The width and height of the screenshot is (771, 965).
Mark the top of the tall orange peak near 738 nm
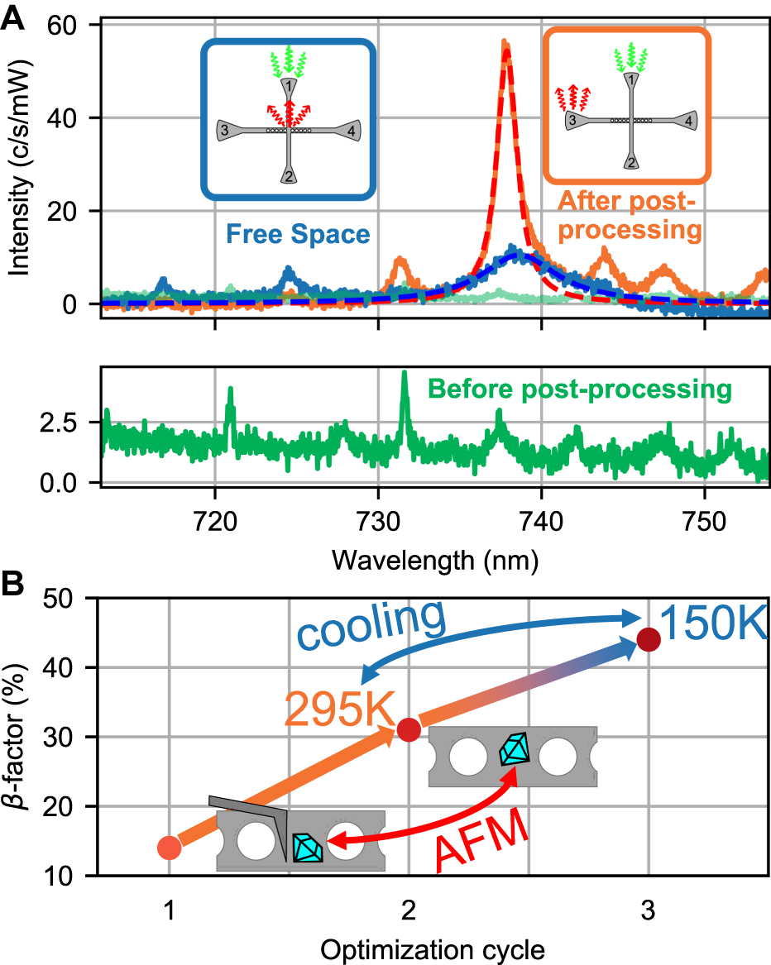(505, 43)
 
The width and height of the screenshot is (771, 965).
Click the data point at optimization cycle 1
(169, 848)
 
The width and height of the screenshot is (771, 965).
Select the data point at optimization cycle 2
(409, 729)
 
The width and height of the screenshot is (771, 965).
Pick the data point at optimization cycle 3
(649, 639)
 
